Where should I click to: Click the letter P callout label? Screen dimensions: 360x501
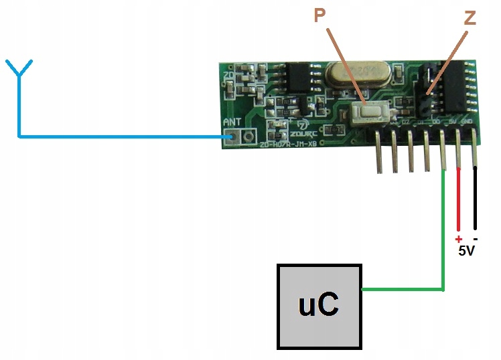pos(319,17)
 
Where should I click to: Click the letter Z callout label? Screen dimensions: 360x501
pos(470,18)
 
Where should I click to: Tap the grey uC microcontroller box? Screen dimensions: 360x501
pos(319,306)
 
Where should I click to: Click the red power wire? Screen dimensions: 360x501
pos(459,200)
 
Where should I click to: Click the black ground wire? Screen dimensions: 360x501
pos(476,200)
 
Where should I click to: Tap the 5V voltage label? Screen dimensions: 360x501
pos(468,253)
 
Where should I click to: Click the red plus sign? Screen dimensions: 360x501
pos(459,240)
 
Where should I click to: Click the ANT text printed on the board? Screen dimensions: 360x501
pos(231,122)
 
